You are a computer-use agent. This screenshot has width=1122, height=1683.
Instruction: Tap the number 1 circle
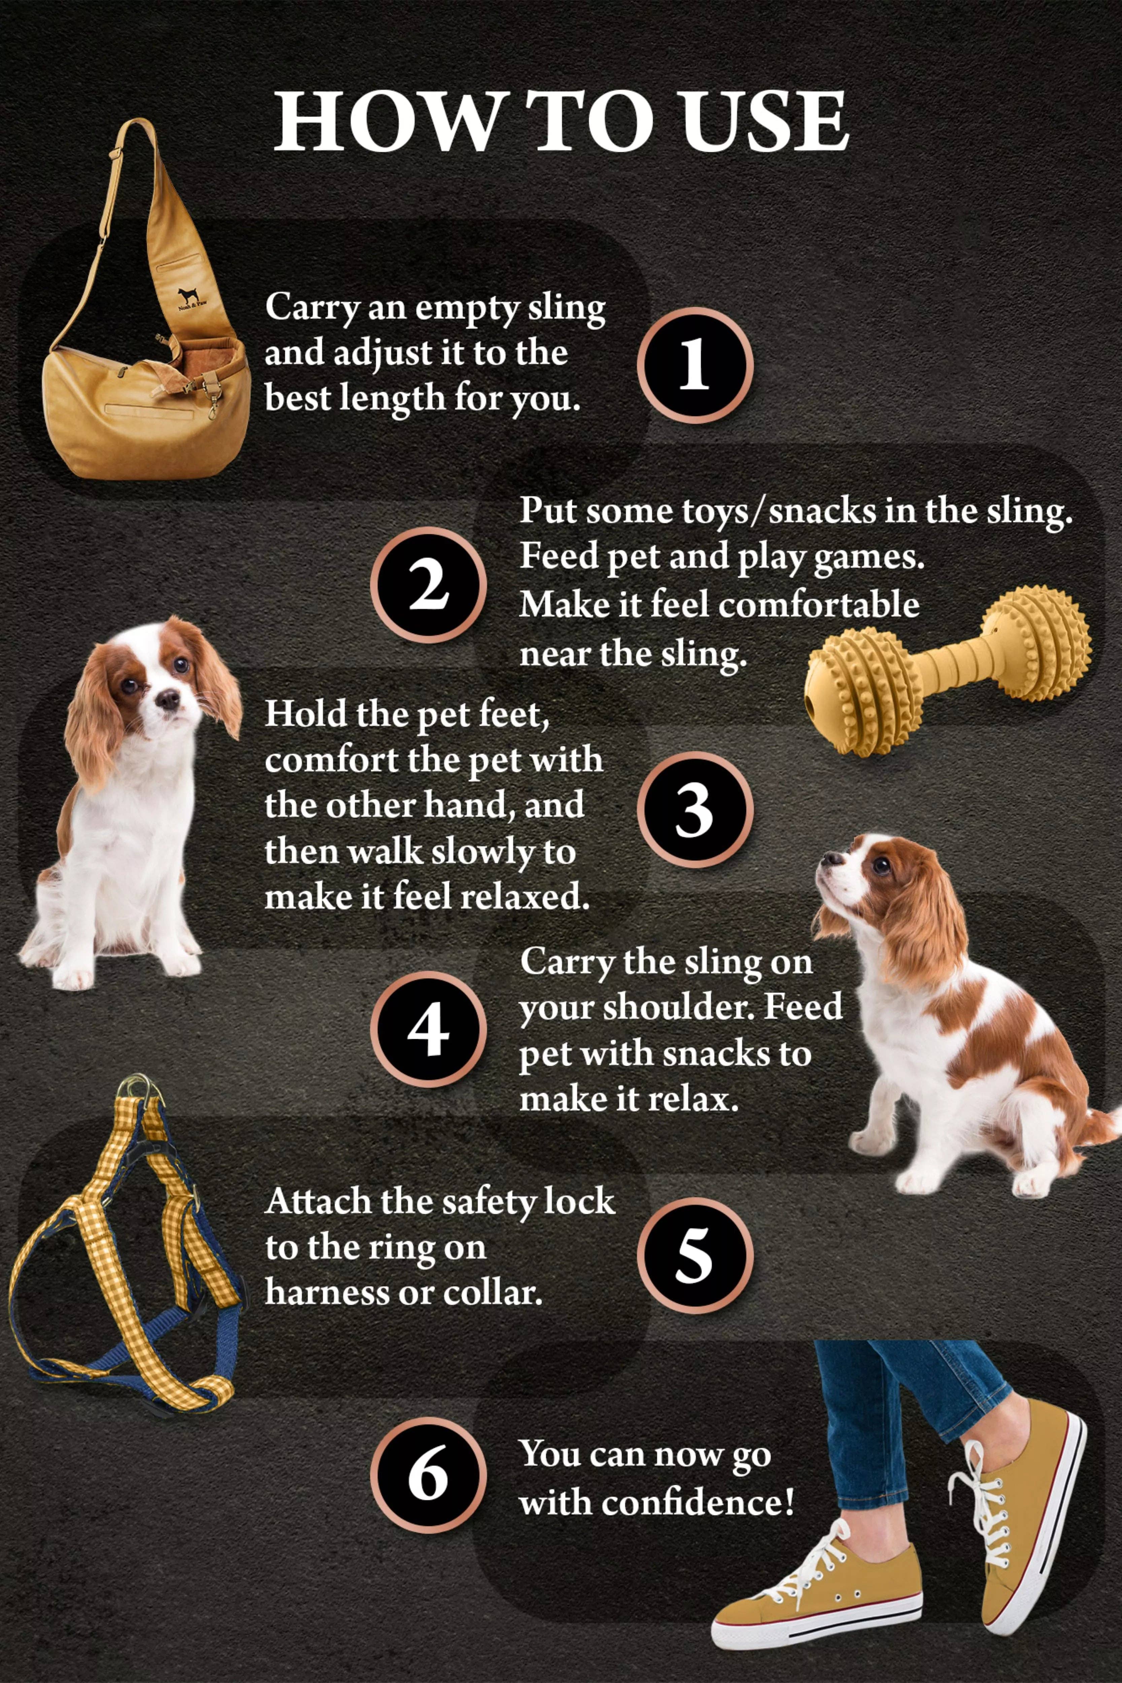pos(694,365)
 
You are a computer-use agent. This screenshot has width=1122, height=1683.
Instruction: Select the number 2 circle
pos(428,585)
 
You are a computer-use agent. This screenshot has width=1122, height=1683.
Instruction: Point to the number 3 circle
pos(694,809)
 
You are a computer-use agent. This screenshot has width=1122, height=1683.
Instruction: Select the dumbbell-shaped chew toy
pos(948,669)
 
